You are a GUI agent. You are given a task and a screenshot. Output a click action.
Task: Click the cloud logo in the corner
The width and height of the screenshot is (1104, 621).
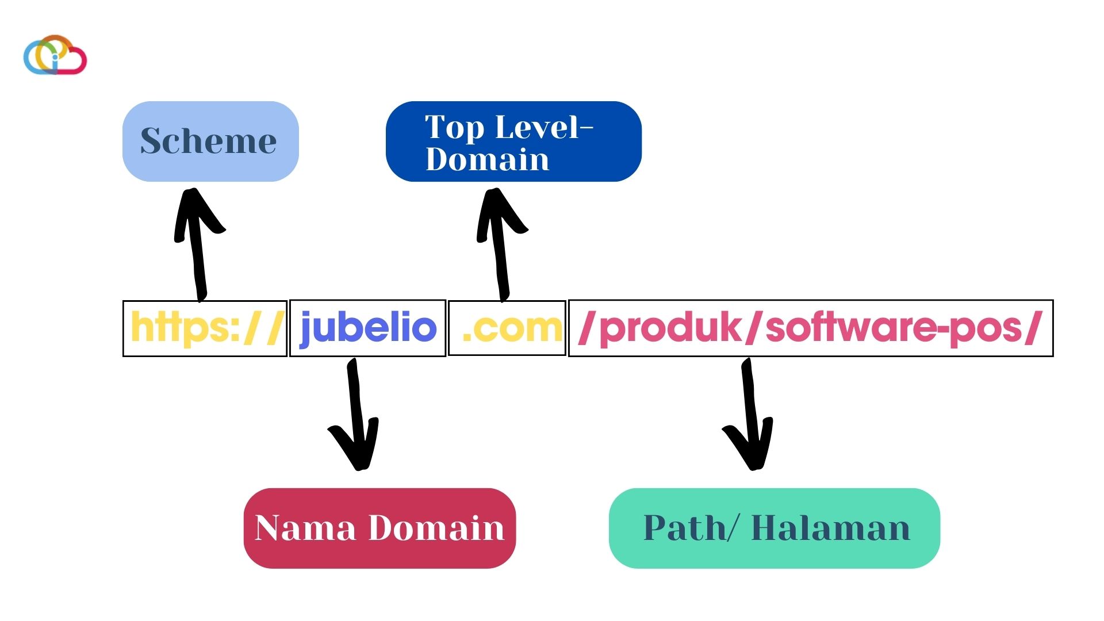point(55,56)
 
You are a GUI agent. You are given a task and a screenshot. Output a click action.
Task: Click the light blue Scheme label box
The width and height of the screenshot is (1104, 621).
point(210,141)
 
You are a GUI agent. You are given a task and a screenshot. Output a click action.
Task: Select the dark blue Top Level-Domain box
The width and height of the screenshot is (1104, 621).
point(513,141)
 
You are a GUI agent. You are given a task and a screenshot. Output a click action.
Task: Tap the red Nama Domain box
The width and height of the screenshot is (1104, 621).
point(379,528)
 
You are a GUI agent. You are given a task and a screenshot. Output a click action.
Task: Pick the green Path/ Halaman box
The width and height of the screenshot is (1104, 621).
point(774,528)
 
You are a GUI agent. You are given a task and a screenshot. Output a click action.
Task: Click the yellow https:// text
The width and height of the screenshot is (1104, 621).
point(206,328)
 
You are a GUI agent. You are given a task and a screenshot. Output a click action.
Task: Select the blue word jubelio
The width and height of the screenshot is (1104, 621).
point(368,328)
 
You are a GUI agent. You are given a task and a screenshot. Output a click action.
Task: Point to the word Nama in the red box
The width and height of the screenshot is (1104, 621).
point(305,528)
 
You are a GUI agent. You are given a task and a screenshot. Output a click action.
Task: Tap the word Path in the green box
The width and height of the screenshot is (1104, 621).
point(684,528)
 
